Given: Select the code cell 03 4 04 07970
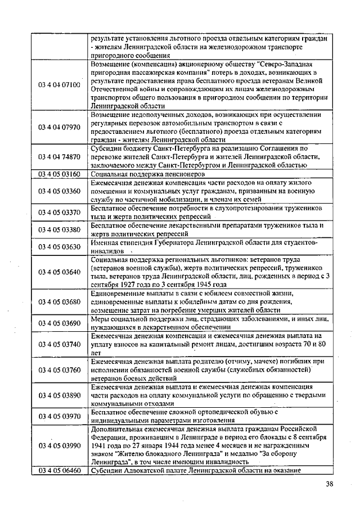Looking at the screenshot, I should (x=59, y=127).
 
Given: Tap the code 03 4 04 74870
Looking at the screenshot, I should (x=59, y=157).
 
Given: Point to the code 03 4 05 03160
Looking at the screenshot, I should (x=59, y=174).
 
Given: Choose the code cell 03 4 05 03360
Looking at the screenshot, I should (x=59, y=191).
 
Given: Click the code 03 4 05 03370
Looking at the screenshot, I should (x=59, y=213).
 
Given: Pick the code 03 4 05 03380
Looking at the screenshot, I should (x=59, y=229).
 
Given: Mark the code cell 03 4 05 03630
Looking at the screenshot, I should (x=59, y=246).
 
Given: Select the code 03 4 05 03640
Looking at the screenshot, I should (x=59, y=272).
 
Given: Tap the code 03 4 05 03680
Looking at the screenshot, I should (x=59, y=301).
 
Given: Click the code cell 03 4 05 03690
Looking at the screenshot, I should (x=59, y=323).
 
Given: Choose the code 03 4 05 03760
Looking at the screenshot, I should (x=59, y=370).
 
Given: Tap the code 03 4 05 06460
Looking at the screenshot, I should (x=59, y=470).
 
